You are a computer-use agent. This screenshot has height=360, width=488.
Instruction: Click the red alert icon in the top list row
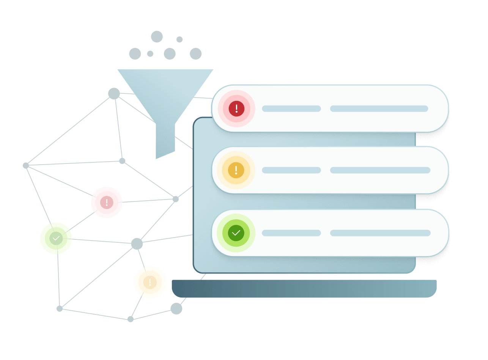coord(236,109)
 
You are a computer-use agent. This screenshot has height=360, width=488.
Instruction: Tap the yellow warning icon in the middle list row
coord(236,170)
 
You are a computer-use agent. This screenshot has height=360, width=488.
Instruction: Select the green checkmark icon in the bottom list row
coord(236,233)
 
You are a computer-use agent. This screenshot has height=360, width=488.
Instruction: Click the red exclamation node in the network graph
coord(107,203)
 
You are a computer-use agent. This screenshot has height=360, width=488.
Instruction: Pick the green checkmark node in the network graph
coord(56,238)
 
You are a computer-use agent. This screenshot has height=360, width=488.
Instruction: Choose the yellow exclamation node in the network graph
coord(150,282)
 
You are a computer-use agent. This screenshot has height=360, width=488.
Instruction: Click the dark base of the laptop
coord(304,288)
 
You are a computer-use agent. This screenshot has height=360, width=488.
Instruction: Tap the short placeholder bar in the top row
coord(291,109)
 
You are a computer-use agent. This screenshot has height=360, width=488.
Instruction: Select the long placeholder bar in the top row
coord(379,109)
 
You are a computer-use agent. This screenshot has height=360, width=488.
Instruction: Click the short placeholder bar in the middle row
coord(291,170)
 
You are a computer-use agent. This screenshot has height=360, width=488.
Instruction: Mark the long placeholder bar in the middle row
coord(380,170)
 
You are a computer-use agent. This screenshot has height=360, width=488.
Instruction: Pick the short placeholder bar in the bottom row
coord(291,233)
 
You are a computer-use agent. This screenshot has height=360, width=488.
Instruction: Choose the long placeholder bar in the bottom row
coord(380,233)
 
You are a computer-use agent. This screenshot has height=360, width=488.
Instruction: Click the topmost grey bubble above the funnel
coord(157,36)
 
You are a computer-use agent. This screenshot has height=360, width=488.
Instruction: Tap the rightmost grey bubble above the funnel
coord(195,53)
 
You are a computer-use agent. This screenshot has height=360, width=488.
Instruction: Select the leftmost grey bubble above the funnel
coord(135,53)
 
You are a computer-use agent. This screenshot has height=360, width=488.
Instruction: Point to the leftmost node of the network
coord(26,165)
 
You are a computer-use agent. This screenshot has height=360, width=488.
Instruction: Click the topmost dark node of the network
coord(114,93)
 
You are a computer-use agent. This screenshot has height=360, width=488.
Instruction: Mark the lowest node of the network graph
coord(131,319)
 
